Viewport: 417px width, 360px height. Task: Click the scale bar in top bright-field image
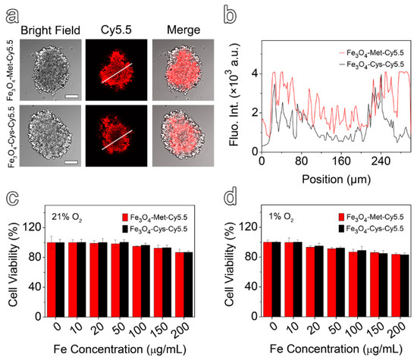(66, 95)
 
